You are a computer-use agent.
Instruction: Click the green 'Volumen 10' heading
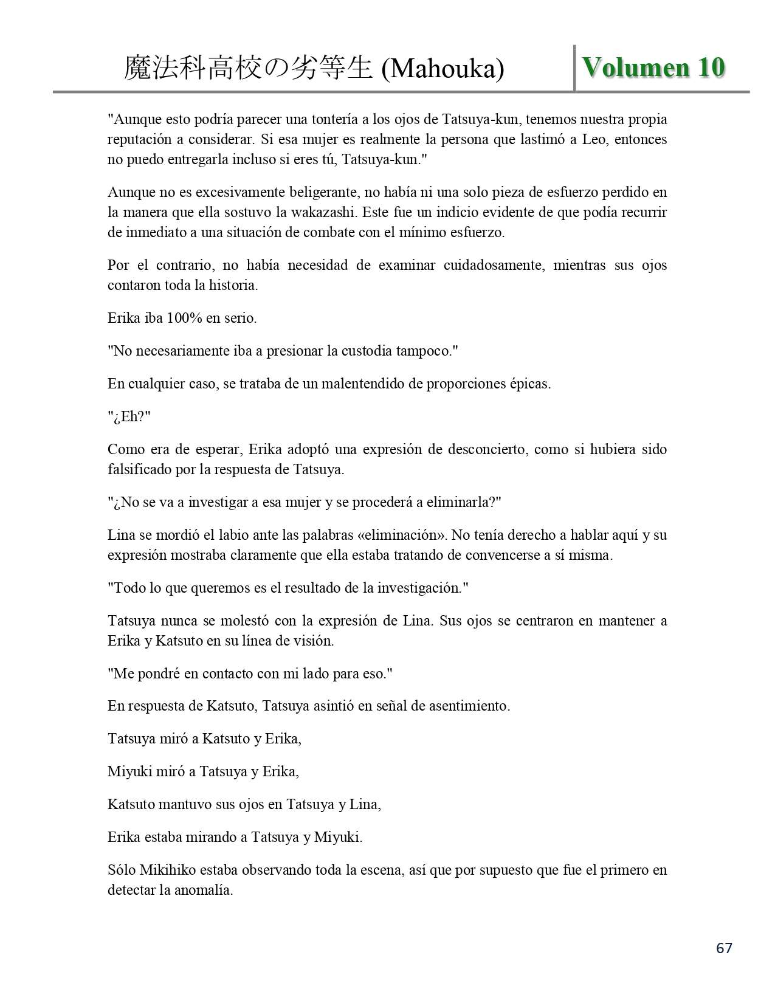pyautogui.click(x=653, y=67)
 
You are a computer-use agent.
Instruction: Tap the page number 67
pyautogui.click(x=724, y=948)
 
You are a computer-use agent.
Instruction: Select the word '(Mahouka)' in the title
pyautogui.click(x=443, y=69)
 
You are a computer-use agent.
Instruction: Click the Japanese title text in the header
pyautogui.click(x=248, y=69)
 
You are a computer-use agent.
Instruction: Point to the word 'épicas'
pyautogui.click(x=529, y=384)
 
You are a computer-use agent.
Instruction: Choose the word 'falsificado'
pyautogui.click(x=140, y=469)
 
